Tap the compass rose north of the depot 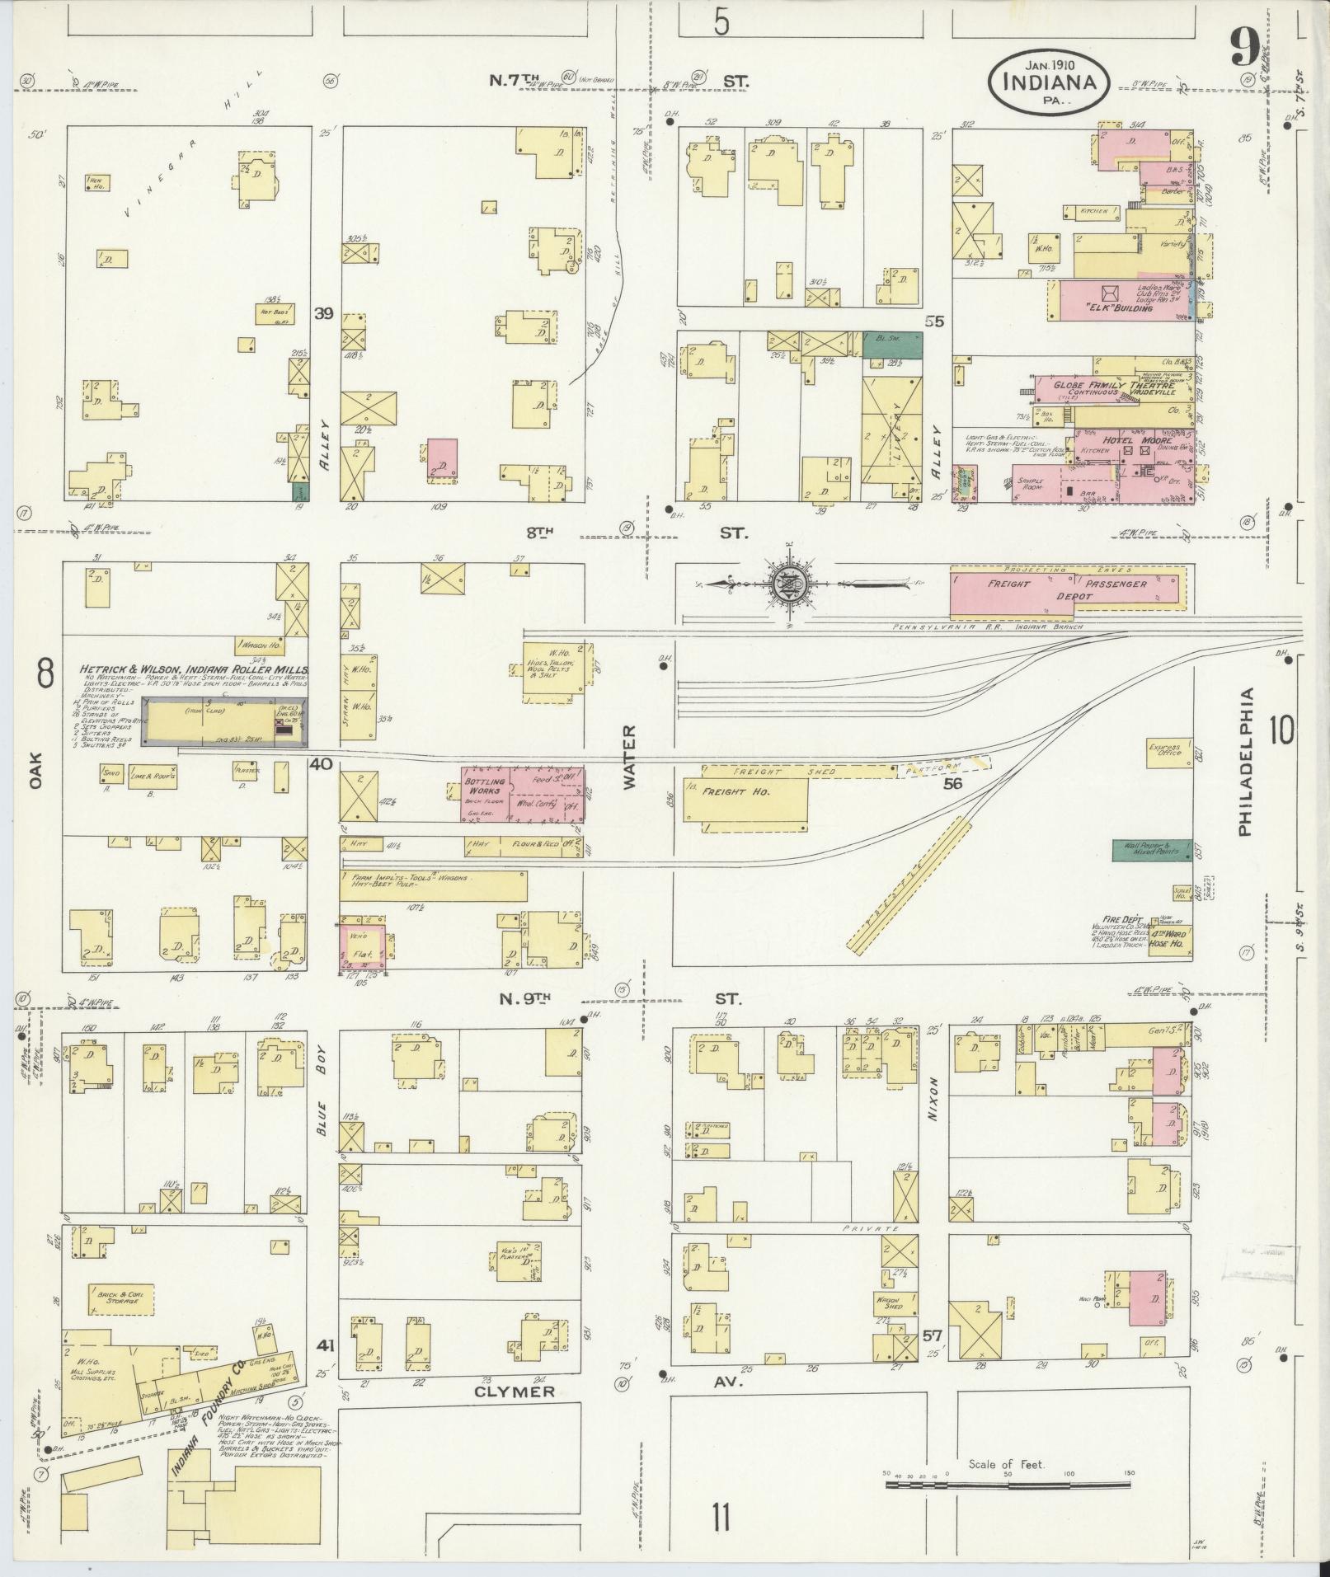tap(790, 587)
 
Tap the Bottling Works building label tap(485, 786)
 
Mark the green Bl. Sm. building tap(891, 345)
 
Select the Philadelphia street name tap(1245, 763)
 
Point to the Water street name tap(630, 757)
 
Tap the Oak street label tap(35, 774)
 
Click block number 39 tap(324, 314)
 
